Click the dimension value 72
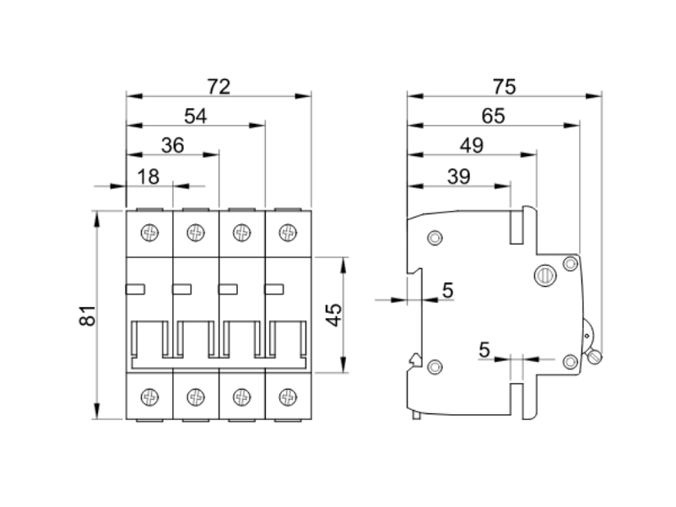tap(219, 86)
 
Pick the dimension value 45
tap(333, 314)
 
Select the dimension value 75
tap(504, 86)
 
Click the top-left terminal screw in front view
tap(149, 230)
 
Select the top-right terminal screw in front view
tap(288, 230)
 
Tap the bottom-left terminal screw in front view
tap(149, 394)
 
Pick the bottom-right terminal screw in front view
tap(288, 394)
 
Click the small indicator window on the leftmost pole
tap(135, 289)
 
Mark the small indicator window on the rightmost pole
tap(273, 289)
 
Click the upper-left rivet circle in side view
tap(435, 238)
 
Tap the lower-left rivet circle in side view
tap(435, 366)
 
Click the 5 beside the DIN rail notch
tap(447, 290)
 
